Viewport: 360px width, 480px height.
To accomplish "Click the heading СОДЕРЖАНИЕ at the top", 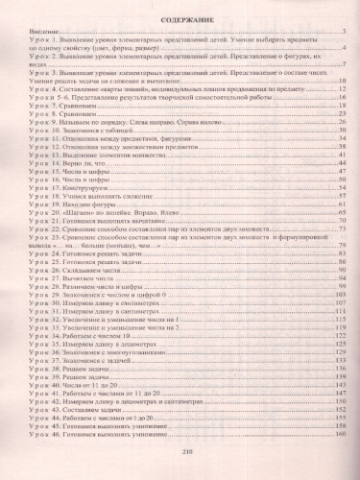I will [180, 15].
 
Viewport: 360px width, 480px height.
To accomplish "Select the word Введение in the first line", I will [29, 33].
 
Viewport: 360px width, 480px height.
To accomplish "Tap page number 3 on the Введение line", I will [343, 33].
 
